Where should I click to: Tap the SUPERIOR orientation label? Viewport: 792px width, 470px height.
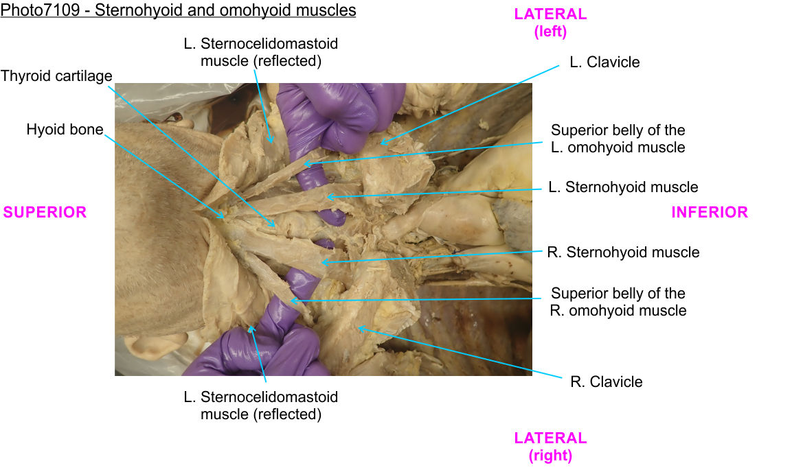click(x=45, y=213)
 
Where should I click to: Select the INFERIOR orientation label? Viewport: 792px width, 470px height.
click(x=709, y=213)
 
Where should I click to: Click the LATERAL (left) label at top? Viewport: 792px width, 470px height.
click(x=550, y=23)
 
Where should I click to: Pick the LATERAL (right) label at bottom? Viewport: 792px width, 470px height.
click(x=550, y=446)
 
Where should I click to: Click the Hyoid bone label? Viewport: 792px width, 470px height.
click(x=65, y=130)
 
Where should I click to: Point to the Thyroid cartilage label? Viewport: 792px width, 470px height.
click(x=56, y=75)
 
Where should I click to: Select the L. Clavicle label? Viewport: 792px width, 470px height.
click(x=604, y=62)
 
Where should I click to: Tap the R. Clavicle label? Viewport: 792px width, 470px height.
click(x=607, y=382)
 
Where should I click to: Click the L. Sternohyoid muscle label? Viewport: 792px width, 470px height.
click(x=623, y=187)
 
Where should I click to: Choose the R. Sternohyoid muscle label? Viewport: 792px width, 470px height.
click(x=623, y=252)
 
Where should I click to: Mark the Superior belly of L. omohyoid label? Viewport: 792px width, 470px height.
click(x=618, y=139)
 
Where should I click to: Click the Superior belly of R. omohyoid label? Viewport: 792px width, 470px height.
click(x=618, y=302)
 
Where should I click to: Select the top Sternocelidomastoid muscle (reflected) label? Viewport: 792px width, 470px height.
click(x=261, y=52)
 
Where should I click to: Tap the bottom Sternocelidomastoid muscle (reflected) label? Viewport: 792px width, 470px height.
click(x=261, y=406)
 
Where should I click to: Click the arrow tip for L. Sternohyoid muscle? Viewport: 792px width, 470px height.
click(x=328, y=198)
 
